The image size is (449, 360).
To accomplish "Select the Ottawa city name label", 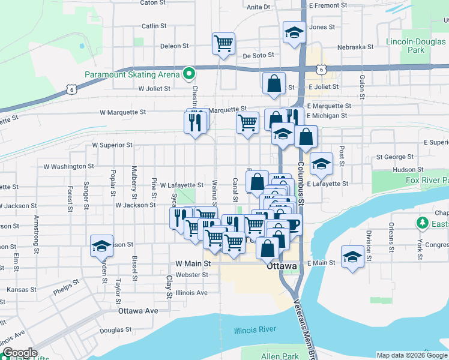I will [x=282, y=266].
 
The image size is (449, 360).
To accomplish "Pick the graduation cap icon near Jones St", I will [x=294, y=32].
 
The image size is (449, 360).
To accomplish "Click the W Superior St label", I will [x=112, y=145].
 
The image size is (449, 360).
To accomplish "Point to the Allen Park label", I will [x=280, y=356].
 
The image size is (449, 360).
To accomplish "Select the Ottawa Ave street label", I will [x=138, y=311].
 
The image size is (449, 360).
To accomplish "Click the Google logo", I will [x=19, y=353].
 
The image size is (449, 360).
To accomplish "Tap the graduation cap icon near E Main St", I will [x=352, y=256].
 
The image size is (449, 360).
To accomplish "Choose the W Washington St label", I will [x=69, y=166].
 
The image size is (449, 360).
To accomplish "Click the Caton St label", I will [x=152, y=3].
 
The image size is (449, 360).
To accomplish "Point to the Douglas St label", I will [x=115, y=329].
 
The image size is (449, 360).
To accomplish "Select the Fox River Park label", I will [x=427, y=180].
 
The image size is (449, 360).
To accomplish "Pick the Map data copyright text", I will [x=411, y=355].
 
